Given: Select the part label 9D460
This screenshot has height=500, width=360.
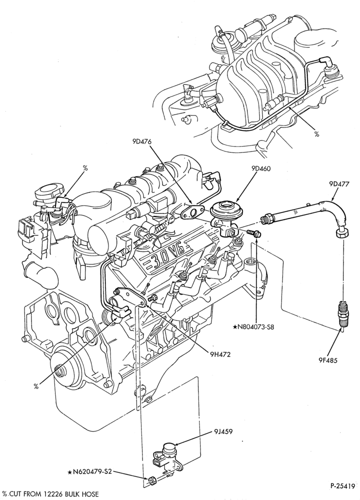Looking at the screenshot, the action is tap(261, 168).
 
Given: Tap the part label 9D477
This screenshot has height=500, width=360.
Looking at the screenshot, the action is tap(338, 184).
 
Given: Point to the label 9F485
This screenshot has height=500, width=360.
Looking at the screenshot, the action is tap(327, 360).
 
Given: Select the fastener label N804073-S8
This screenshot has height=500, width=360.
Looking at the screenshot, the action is tap(253, 327).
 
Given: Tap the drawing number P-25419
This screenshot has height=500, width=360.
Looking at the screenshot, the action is tap(342, 486).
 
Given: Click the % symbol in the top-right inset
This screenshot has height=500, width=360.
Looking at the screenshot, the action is tap(316, 134).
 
